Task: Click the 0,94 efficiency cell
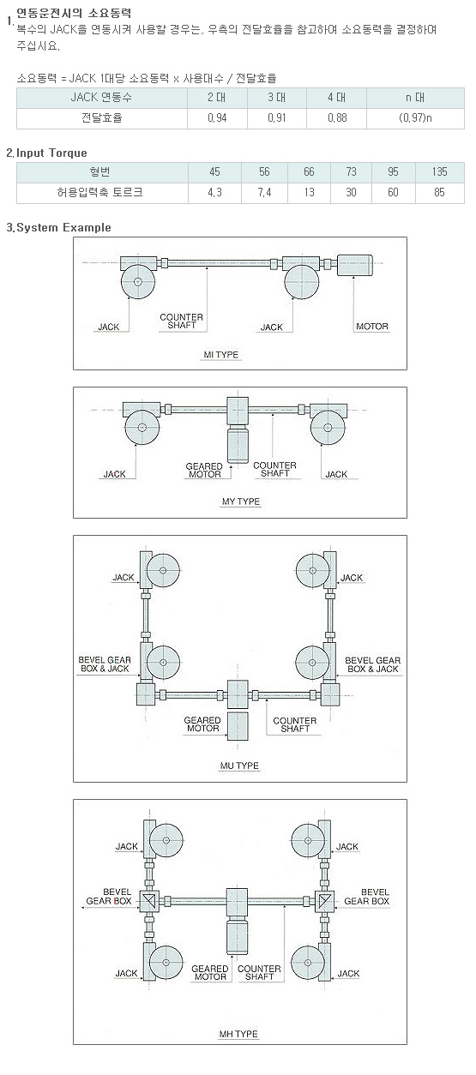pos(217,118)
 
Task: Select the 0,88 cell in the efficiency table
pos(337,118)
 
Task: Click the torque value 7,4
pos(264,192)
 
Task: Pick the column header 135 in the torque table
pos(439,171)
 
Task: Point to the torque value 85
pos(439,192)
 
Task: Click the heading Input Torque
pos(51,153)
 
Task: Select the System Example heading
pos(63,227)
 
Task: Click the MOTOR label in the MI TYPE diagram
pos(372,327)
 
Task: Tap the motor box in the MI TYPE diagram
pos(355,266)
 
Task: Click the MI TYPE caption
pos(221,355)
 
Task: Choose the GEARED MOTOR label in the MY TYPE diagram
pos(204,471)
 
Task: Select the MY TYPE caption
pos(241,501)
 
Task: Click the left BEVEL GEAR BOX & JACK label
pos(105,664)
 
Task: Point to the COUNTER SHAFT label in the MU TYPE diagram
pos(295,724)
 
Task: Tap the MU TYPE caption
pos(239,766)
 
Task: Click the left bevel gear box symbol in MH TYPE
pos(149,901)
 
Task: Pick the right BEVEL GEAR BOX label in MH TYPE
pos(366,897)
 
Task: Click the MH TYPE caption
pos(238,1034)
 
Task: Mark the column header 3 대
pos(277,98)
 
